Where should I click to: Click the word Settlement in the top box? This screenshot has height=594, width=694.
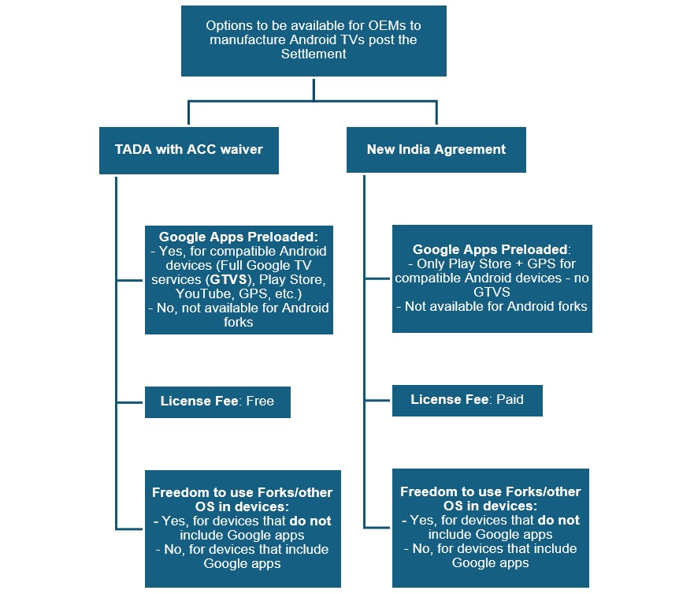pyautogui.click(x=314, y=54)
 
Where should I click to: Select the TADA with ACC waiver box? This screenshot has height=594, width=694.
pyautogui.click(x=189, y=151)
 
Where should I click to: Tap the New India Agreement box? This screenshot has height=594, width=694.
pyautogui.click(x=436, y=150)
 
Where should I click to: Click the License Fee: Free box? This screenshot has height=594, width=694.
pyautogui.click(x=217, y=402)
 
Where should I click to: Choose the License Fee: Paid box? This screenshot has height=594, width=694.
pyautogui.click(x=467, y=400)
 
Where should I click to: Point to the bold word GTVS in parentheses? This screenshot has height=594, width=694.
pyautogui.click(x=228, y=280)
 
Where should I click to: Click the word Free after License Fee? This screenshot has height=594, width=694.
pyautogui.click(x=260, y=402)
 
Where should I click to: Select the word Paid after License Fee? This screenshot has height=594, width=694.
pyautogui.click(x=510, y=399)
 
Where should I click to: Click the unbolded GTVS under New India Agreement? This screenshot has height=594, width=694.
pyautogui.click(x=492, y=292)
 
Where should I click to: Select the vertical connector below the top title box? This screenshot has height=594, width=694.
pyautogui.click(x=314, y=90)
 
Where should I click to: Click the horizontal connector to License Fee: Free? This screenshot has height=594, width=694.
pyautogui.click(x=130, y=402)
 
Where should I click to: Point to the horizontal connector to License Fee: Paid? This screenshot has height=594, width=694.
pyautogui.click(x=377, y=400)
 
